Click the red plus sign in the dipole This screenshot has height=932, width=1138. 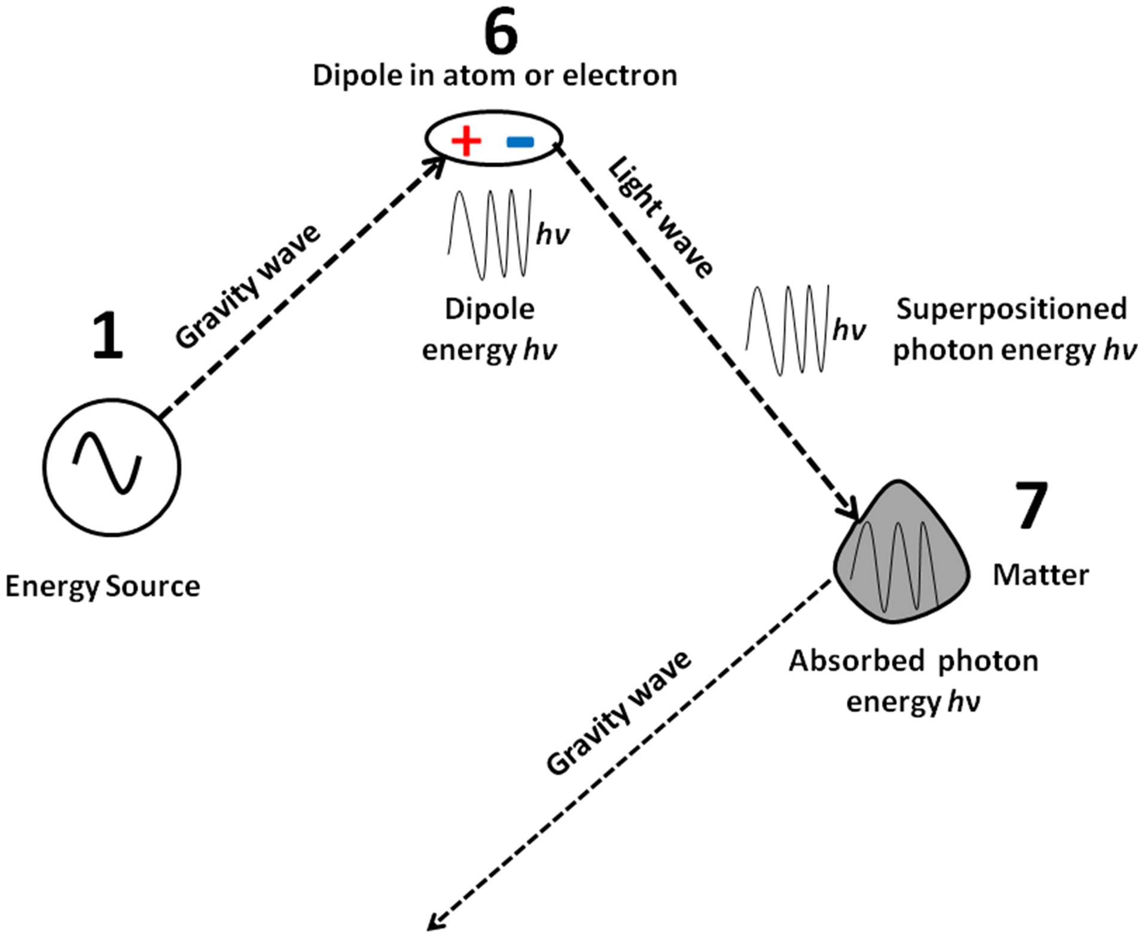coord(466,142)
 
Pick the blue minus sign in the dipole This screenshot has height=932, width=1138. coord(520,142)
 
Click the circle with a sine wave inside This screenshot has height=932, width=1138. coord(112,467)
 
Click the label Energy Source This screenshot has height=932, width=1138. coord(102,587)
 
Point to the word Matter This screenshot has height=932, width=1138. coord(1041,575)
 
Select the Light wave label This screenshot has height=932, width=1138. coord(661,218)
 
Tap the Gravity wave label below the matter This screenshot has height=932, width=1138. coord(619,713)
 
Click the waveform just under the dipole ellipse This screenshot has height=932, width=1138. coord(489,234)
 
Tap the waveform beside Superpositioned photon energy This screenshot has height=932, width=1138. coord(787,330)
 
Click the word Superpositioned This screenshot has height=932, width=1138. coord(1012,310)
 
